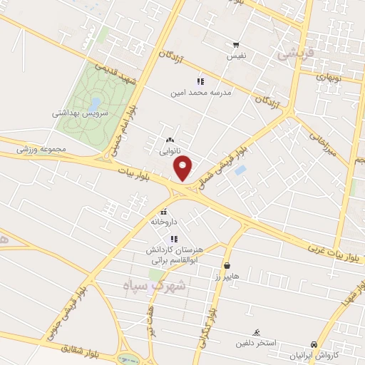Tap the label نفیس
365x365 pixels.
click(x=236, y=55)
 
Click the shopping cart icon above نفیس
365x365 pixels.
click(x=236, y=44)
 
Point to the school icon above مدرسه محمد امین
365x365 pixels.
click(x=200, y=81)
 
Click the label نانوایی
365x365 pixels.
click(x=170, y=151)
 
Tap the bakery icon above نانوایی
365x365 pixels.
click(x=170, y=140)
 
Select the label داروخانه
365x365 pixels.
click(x=163, y=222)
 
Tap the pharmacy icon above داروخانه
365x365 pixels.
click(x=164, y=212)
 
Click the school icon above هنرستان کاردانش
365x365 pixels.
click(x=174, y=239)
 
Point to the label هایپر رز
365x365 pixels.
click(x=227, y=274)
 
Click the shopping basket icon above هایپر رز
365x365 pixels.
click(x=227, y=265)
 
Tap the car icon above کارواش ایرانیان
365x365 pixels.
click(x=314, y=343)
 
